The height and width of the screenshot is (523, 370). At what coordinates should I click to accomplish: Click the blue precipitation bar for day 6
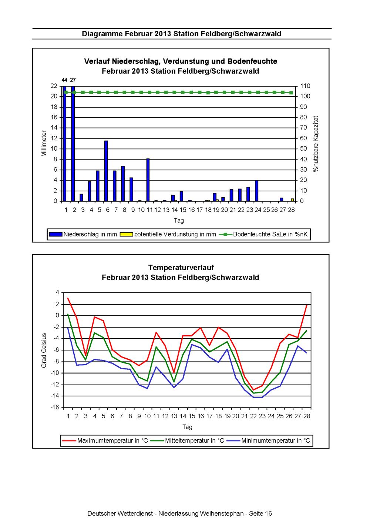[106, 171]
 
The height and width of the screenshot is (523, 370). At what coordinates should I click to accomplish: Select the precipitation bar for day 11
[148, 180]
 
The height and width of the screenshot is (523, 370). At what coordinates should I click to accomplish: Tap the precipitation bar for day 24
[256, 191]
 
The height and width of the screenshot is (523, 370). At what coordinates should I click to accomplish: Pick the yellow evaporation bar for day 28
[292, 200]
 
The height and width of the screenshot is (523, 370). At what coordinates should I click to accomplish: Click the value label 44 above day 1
[64, 80]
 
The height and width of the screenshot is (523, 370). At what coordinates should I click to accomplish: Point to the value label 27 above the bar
[73, 80]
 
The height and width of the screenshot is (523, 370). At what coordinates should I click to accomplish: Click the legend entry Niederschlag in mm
[83, 234]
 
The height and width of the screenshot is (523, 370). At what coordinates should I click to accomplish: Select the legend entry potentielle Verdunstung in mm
[168, 234]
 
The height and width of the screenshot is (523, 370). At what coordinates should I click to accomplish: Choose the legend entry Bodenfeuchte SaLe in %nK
[264, 234]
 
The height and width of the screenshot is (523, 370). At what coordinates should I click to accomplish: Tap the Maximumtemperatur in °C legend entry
[105, 440]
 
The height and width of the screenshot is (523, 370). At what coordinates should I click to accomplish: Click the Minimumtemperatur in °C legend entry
[269, 440]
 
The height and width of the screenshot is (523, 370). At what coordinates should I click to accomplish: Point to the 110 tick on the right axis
[305, 86]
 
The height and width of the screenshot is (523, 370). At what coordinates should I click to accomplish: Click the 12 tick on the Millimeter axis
[54, 138]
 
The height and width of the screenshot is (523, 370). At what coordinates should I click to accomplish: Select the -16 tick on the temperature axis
[55, 408]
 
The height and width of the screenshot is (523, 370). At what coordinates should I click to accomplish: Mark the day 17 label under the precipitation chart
[199, 210]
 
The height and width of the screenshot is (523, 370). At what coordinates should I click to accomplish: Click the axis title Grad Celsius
[44, 350]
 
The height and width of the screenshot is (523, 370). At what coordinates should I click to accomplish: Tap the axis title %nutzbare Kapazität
[316, 144]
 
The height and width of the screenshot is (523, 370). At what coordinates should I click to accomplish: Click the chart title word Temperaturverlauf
[181, 267]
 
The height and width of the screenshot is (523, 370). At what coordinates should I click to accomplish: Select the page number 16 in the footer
[269, 513]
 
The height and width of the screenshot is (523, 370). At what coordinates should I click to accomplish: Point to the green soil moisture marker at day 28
[291, 93]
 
